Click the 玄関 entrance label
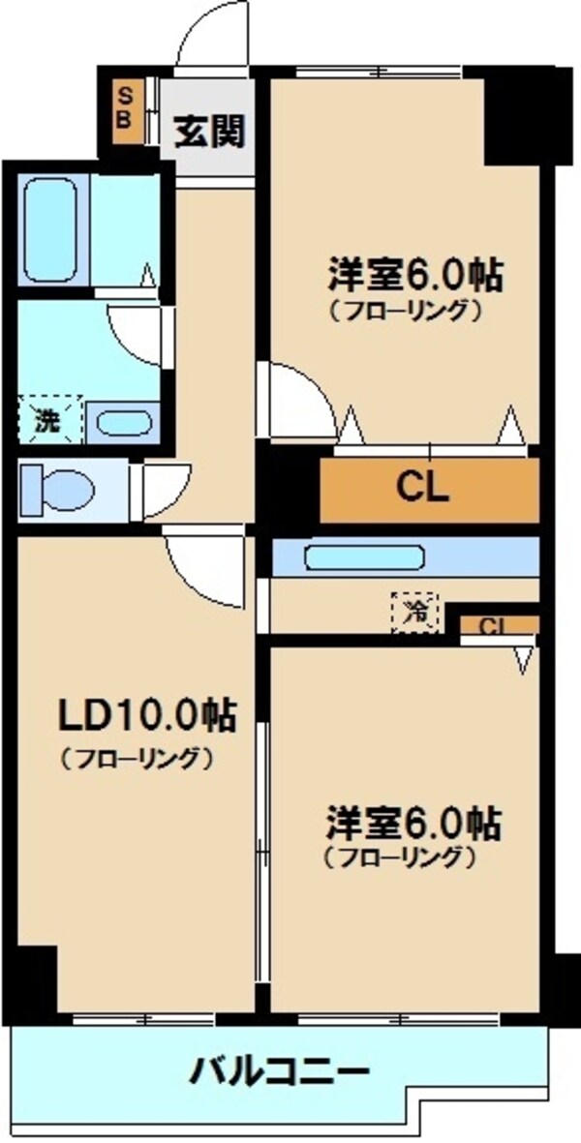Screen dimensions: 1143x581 click(208, 129)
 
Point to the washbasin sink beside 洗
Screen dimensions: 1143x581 click(123, 423)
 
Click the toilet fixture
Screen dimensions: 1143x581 click(58, 491)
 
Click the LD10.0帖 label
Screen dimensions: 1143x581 click(137, 716)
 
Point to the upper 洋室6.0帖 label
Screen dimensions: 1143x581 click(414, 276)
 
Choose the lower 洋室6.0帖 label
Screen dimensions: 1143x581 click(413, 823)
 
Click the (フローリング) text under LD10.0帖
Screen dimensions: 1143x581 click(136, 758)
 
